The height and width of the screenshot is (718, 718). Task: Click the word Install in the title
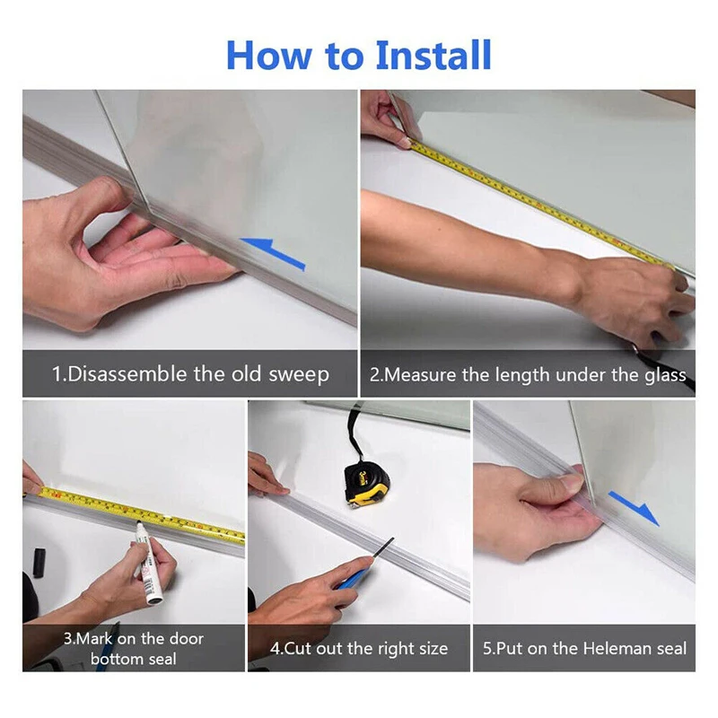point(433,55)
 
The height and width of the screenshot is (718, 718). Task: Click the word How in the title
point(268,56)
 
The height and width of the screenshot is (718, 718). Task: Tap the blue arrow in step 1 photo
point(273,253)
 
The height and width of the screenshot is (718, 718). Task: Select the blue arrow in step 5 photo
point(634,507)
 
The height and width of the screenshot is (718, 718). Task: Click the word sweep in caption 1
point(299,375)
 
